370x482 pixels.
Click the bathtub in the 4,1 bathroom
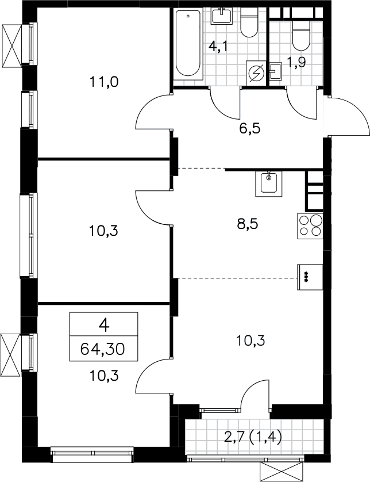[x=188, y=44]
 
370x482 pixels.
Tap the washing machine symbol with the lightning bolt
[x=256, y=73]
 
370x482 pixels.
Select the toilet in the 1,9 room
[x=301, y=35]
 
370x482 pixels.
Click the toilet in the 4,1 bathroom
[x=249, y=22]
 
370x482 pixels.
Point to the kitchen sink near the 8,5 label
[x=269, y=184]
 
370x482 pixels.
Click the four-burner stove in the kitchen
[x=310, y=226]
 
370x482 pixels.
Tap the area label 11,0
[x=104, y=82]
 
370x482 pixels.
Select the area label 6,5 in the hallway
[x=249, y=128]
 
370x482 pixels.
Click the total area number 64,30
[x=103, y=349]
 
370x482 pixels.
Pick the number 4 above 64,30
[x=104, y=326]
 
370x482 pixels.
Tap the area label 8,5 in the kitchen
[x=248, y=224]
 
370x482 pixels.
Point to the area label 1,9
[x=296, y=63]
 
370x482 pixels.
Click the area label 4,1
[x=218, y=47]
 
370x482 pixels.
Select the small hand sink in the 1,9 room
[x=276, y=71]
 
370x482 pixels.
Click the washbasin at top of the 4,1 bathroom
[x=221, y=16]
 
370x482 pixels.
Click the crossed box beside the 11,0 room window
[x=11, y=46]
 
